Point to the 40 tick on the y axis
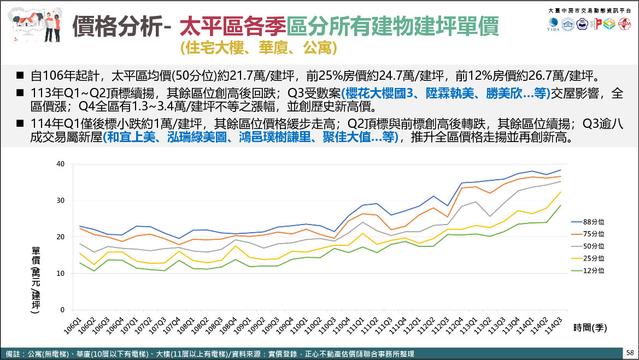click(61, 164)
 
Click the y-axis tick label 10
click(61, 273)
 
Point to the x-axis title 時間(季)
click(591, 328)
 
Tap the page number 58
click(630, 353)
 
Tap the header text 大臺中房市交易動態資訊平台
click(589, 11)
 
